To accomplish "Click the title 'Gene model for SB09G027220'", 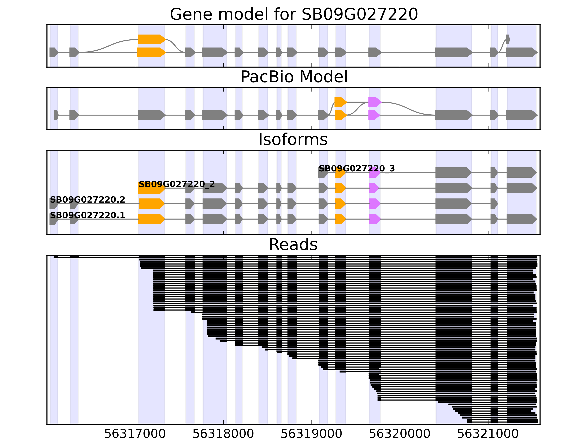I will [x=293, y=14].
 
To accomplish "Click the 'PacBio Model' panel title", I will [x=293, y=77].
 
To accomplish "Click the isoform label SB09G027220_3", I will [x=356, y=169].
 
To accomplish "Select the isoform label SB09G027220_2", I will [x=176, y=184].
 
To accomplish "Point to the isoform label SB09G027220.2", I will [x=87, y=200].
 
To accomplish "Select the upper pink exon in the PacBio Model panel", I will [x=374, y=102].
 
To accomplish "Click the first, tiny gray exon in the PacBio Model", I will [x=56, y=115].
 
